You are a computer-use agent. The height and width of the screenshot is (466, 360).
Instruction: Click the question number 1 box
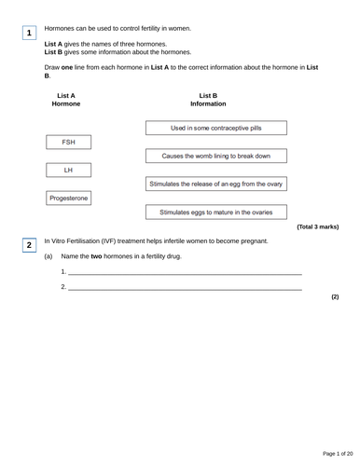[x=29, y=34]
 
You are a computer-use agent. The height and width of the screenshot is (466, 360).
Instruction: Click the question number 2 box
[x=29, y=245]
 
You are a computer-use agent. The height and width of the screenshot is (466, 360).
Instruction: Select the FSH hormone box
[x=69, y=143]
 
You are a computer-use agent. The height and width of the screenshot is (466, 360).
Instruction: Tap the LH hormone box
[x=68, y=171]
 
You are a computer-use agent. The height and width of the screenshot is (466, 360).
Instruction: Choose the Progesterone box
[x=69, y=199]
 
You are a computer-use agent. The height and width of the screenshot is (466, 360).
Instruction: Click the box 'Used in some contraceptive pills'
[x=215, y=128]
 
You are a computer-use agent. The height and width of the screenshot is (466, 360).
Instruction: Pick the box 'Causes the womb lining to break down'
[x=215, y=156]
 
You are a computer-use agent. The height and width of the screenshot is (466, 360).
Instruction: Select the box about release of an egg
[x=215, y=184]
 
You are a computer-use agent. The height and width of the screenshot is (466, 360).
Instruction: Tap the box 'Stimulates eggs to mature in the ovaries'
[x=215, y=212]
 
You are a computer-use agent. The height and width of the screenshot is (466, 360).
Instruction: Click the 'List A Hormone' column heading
[x=66, y=100]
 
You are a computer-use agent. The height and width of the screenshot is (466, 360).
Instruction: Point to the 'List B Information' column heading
[x=208, y=100]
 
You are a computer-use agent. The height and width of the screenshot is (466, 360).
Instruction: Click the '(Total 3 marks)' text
[x=317, y=226]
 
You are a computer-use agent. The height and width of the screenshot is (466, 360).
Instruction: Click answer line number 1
[x=185, y=274]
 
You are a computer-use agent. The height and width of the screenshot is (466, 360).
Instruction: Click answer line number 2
[x=185, y=289]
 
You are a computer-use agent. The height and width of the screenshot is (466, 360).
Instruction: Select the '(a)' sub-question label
[x=48, y=256]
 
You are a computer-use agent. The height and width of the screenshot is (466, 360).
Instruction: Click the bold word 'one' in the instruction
[x=73, y=68]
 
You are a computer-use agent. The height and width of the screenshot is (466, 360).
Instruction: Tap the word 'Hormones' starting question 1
[x=63, y=29]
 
